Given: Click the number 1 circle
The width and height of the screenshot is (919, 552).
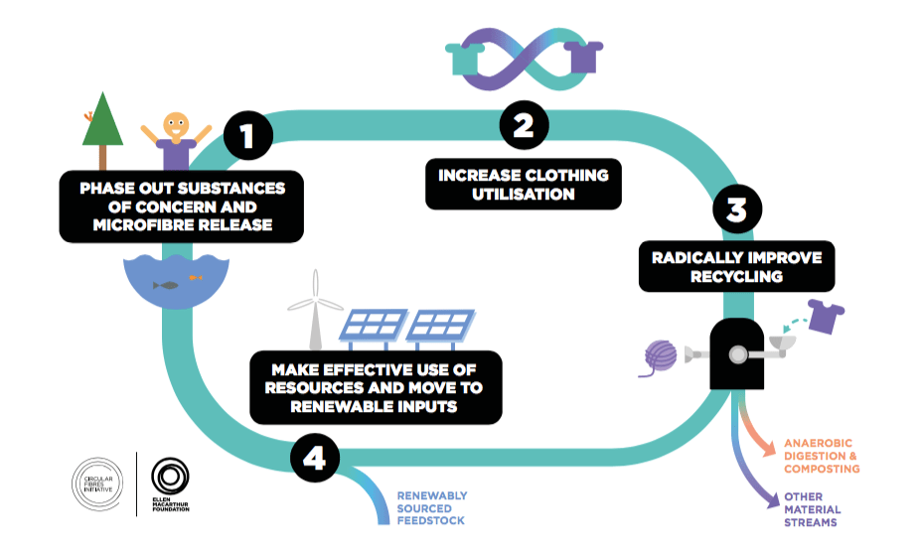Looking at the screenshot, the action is [248, 135].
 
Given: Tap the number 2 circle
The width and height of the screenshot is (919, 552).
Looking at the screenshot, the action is [524, 125].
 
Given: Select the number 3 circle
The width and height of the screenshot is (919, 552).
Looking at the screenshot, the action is [737, 208].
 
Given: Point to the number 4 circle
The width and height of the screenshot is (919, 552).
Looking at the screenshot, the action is [315, 457].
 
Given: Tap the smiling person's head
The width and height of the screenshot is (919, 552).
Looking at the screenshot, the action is [176, 125].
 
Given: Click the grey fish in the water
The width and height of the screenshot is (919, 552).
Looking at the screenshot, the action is [166, 285].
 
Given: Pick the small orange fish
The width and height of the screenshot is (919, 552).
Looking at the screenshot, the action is [195, 277].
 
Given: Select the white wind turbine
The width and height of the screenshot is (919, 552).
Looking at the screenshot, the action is [315, 310].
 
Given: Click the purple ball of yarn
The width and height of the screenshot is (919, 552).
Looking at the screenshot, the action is [660, 356].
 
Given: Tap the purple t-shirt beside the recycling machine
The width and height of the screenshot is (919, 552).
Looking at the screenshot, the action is [826, 316].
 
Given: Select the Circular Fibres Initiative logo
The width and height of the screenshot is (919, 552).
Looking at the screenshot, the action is [97, 484].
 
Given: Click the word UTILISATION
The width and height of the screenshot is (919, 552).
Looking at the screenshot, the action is [524, 194].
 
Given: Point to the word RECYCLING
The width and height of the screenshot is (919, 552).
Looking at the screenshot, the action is [737, 277].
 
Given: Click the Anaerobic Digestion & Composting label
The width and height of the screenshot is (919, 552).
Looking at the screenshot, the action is [822, 456].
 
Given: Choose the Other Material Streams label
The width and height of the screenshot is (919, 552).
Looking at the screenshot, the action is [813, 509].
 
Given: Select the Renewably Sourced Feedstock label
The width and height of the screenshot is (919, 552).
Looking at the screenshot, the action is [432, 508].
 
